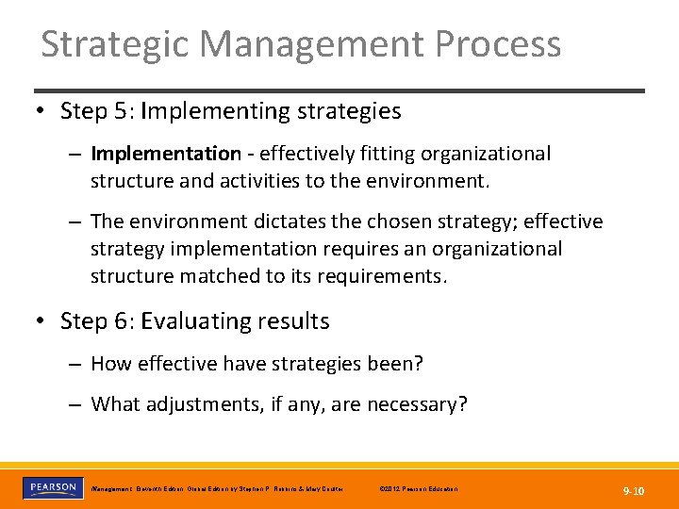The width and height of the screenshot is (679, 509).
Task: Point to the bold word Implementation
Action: click(166, 154)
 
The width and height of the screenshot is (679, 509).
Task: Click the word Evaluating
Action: click(190, 321)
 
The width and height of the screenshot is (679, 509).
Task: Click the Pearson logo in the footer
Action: click(51, 488)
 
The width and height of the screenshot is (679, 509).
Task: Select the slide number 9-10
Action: click(634, 490)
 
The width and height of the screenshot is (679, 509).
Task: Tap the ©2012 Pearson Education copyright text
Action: click(417, 489)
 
